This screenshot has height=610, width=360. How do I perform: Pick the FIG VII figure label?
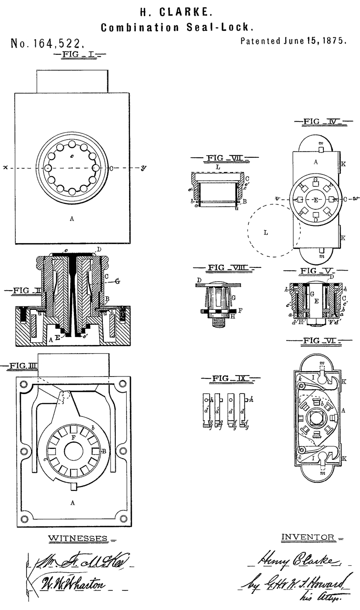click(x=224, y=158)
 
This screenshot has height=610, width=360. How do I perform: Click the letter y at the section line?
click(x=142, y=168)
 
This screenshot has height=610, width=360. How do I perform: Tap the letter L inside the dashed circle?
click(x=266, y=233)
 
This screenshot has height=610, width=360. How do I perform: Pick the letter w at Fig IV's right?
click(x=354, y=198)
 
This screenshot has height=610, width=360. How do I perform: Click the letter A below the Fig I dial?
click(x=72, y=220)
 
